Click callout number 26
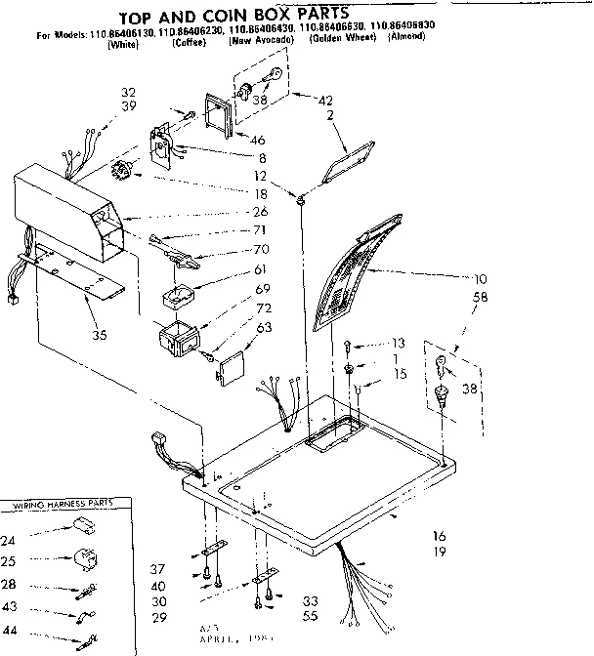point(259,212)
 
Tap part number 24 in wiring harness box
point(9,540)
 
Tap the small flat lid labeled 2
point(349,158)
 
